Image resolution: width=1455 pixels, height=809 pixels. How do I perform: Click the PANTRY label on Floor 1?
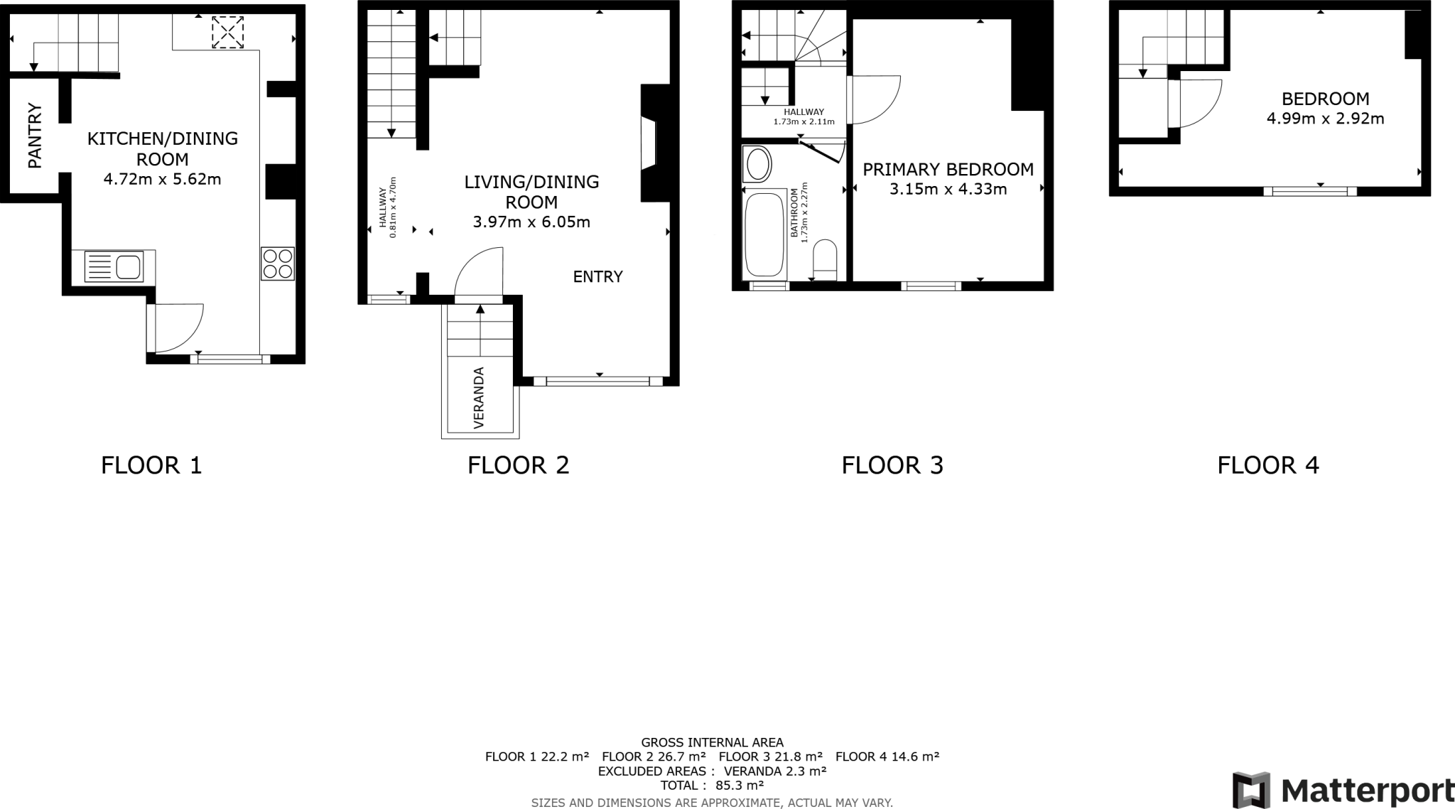(35, 136)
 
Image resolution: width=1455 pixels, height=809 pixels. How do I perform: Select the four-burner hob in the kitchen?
(277, 263)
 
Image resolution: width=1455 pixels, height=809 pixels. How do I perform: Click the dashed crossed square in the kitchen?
(227, 33)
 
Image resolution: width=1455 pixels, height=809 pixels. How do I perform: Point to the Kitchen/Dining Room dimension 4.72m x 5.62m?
(162, 179)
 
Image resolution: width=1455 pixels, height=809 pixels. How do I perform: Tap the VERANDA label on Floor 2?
(479, 398)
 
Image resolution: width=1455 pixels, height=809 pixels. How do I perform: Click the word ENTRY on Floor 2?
(597, 277)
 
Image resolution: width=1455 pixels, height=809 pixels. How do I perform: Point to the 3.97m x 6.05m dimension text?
(531, 222)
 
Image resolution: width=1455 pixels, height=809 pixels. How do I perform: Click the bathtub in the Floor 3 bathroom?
(764, 234)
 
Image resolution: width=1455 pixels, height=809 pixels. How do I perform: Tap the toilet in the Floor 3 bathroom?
(825, 259)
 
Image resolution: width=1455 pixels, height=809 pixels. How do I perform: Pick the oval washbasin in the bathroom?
(758, 165)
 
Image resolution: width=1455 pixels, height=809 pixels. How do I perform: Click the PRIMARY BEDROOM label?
(948, 170)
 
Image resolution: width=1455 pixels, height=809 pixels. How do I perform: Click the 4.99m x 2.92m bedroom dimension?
(1325, 119)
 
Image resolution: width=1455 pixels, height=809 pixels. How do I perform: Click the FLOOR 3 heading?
(892, 465)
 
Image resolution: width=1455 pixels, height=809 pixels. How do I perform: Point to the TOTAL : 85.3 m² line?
(712, 786)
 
